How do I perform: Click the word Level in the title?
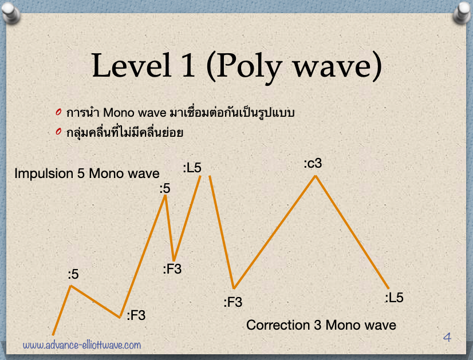(132, 65)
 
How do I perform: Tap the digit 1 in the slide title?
(188, 65)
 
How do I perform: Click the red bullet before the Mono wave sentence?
(58, 112)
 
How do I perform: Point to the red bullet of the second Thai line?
(58, 132)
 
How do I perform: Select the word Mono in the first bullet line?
(119, 113)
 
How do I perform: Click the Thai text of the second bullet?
(125, 132)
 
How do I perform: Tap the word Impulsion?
(44, 174)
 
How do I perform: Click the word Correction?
(278, 325)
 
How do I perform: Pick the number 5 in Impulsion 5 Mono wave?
(81, 173)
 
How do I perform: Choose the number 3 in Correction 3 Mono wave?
(317, 325)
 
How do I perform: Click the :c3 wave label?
(313, 164)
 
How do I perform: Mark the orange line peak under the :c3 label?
(316, 176)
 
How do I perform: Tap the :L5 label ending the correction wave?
(394, 298)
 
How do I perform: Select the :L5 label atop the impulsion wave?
(192, 168)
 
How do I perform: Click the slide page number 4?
(447, 337)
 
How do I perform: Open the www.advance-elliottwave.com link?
(82, 345)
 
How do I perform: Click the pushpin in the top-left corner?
(10, 12)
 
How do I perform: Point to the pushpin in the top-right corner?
(462, 12)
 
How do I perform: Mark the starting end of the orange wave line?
(53, 335)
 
